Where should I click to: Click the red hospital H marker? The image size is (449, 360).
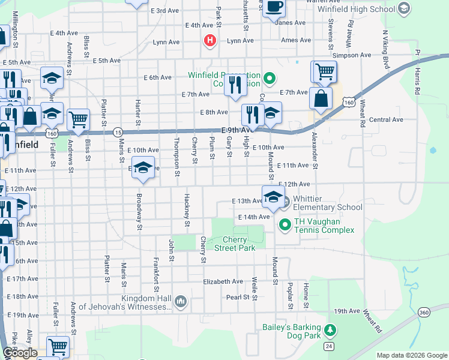(209, 41)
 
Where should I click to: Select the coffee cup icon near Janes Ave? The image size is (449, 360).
(274, 7)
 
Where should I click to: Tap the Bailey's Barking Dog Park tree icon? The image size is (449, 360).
(329, 329)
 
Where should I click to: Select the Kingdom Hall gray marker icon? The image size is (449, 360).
(180, 301)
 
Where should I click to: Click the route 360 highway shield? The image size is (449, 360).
(424, 313)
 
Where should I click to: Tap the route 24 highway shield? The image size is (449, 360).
(328, 346)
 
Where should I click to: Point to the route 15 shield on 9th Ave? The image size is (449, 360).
(118, 132)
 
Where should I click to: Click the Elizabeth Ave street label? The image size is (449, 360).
(223, 281)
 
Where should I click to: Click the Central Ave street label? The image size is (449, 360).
(382, 120)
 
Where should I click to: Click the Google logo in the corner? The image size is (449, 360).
(19, 352)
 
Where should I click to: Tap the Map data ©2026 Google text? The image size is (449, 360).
(411, 355)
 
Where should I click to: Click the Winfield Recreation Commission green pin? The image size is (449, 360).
(270, 77)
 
